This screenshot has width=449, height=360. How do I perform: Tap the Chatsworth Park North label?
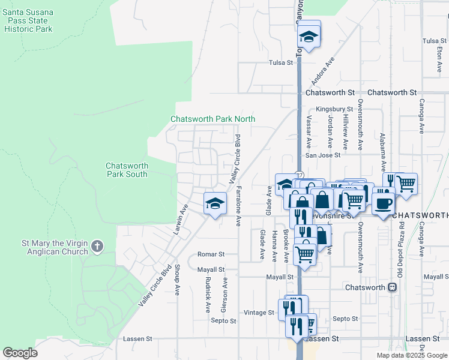213,119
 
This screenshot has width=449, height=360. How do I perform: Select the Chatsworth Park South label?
126,170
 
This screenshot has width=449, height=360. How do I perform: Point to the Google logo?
20,353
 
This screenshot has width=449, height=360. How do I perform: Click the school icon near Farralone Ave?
215,203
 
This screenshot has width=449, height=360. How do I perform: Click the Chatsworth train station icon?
393,287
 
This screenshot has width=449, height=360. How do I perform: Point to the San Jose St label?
323,155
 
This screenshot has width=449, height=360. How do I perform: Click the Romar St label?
211,254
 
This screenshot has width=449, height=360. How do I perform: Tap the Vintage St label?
259,313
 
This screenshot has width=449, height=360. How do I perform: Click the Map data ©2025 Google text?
412,355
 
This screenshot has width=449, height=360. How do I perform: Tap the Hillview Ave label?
345,133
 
